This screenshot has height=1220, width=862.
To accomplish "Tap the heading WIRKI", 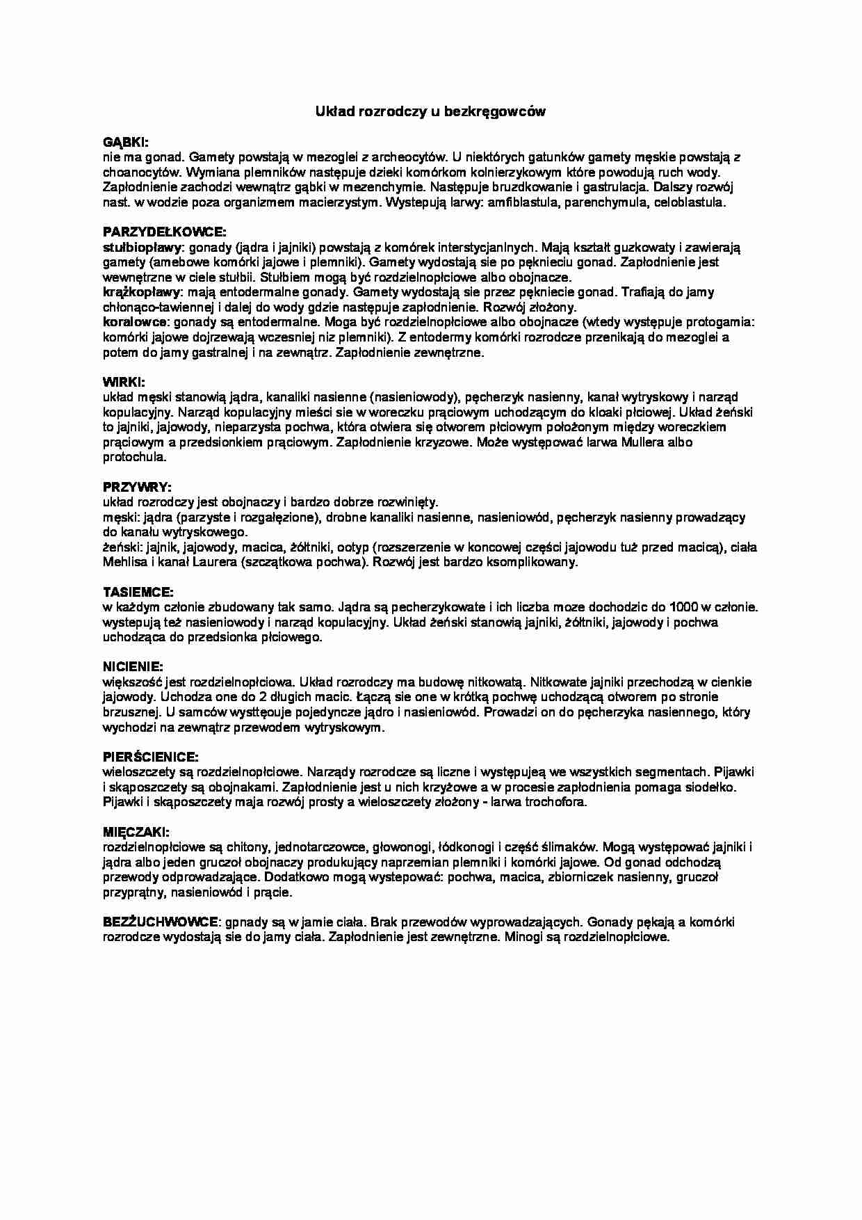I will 124,382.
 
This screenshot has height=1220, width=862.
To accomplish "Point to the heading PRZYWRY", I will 137,486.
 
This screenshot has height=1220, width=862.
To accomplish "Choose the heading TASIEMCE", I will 138,592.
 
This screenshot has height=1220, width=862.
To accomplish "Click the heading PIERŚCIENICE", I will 150,757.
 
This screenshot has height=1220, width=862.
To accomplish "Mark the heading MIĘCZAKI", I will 136,832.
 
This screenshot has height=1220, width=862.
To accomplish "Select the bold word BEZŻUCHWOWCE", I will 161,922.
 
